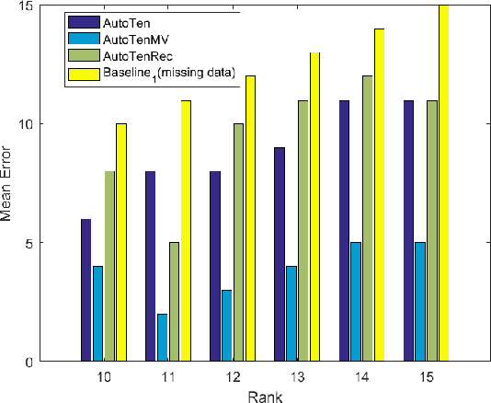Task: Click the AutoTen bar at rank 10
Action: [86, 290]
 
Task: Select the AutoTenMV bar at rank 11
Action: [162, 338]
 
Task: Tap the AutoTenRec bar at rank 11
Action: [174, 302]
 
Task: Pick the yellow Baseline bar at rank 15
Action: [444, 183]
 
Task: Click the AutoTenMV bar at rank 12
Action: [226, 326]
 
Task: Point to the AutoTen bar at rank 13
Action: [279, 254]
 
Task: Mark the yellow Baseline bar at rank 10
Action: [121, 242]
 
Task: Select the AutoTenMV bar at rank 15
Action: [420, 302]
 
